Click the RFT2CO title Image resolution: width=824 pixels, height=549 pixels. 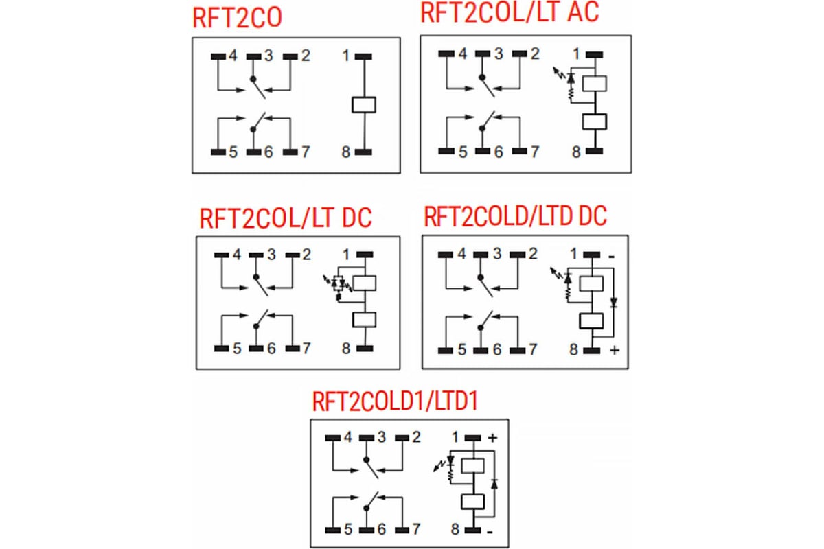click(238, 18)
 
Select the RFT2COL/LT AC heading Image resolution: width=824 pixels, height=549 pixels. click(510, 12)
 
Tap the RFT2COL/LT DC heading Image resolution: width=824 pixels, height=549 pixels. click(286, 218)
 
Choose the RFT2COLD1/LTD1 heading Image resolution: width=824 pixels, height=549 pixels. click(396, 401)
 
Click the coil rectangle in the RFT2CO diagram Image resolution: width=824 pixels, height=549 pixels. click(364, 104)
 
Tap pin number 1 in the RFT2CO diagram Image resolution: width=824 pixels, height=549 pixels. click(346, 56)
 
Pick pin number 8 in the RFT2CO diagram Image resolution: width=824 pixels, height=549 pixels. click(346, 152)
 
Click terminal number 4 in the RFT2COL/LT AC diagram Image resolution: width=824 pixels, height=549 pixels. click(463, 54)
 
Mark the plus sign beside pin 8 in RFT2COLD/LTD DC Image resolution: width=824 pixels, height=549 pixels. click(615, 350)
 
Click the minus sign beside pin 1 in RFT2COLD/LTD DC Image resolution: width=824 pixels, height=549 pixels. click(611, 257)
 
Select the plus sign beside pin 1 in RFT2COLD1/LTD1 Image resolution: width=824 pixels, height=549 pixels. click(492, 438)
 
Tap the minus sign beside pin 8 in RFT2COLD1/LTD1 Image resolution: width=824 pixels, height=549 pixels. click(490, 532)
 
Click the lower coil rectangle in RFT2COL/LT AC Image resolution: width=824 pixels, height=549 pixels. click(595, 121)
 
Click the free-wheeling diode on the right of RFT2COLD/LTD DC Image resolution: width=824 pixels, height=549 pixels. click(613, 303)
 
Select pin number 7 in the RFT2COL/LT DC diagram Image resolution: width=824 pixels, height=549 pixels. click(306, 348)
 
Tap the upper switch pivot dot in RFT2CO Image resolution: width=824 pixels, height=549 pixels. click(253, 79)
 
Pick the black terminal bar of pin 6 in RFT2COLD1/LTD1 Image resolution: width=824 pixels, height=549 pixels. click(367, 530)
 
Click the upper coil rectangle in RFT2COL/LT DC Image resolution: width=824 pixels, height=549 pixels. click(364, 283)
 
